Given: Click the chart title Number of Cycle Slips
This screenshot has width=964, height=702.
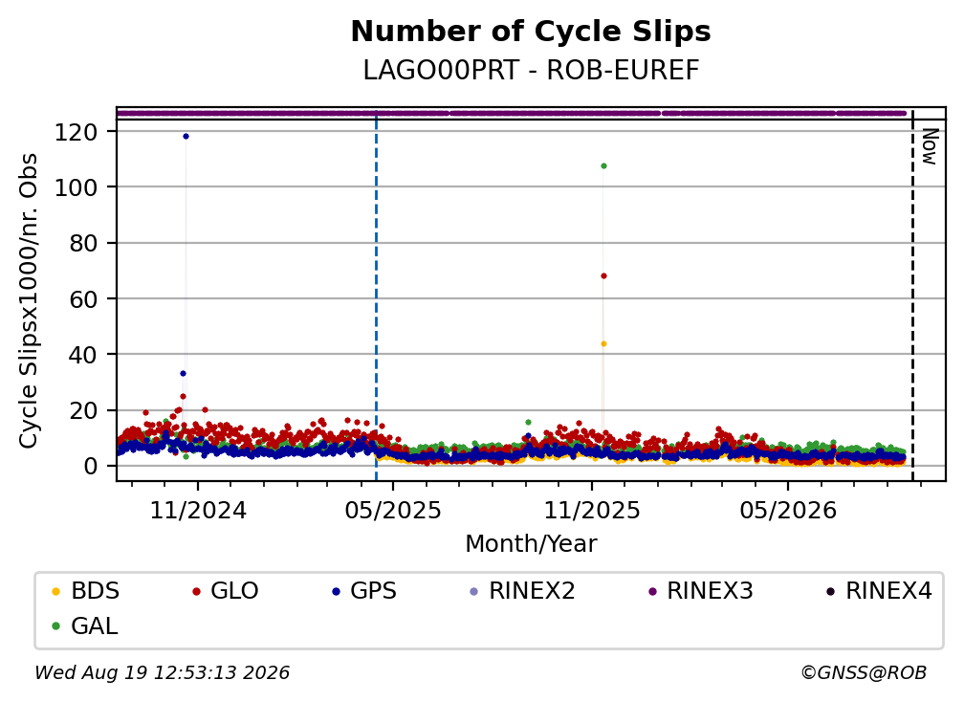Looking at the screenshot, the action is tap(531, 32).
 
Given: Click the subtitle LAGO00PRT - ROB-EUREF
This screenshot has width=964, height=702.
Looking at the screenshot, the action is tap(531, 71).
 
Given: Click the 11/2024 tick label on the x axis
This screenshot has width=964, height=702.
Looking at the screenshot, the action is tap(198, 510).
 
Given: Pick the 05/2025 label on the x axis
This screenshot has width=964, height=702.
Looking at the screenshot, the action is tap(393, 510).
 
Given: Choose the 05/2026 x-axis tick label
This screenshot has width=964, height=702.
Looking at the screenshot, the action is tap(788, 510).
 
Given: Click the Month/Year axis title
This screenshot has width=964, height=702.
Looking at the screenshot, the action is tap(531, 543).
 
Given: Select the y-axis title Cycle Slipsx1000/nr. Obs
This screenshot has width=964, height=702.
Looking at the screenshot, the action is tap(29, 300).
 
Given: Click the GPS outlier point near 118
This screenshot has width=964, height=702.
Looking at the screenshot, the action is tap(186, 137).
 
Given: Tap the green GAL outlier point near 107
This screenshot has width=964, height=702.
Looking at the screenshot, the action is tap(603, 166).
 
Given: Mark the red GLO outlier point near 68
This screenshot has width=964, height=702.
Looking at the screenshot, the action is tap(603, 276).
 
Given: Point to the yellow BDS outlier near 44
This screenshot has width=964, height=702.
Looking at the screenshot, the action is tap(603, 344).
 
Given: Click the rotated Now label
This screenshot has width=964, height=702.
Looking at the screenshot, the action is tap(930, 147).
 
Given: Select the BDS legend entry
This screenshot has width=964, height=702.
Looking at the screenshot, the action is tap(85, 591).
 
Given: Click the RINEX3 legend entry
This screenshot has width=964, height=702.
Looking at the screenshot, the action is tap(701, 591).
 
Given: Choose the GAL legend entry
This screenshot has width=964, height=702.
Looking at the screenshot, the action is tap(85, 626).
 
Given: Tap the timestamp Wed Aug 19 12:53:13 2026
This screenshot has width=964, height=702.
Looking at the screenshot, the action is tap(162, 672).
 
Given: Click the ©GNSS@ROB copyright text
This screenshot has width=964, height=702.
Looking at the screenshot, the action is tap(864, 672).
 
